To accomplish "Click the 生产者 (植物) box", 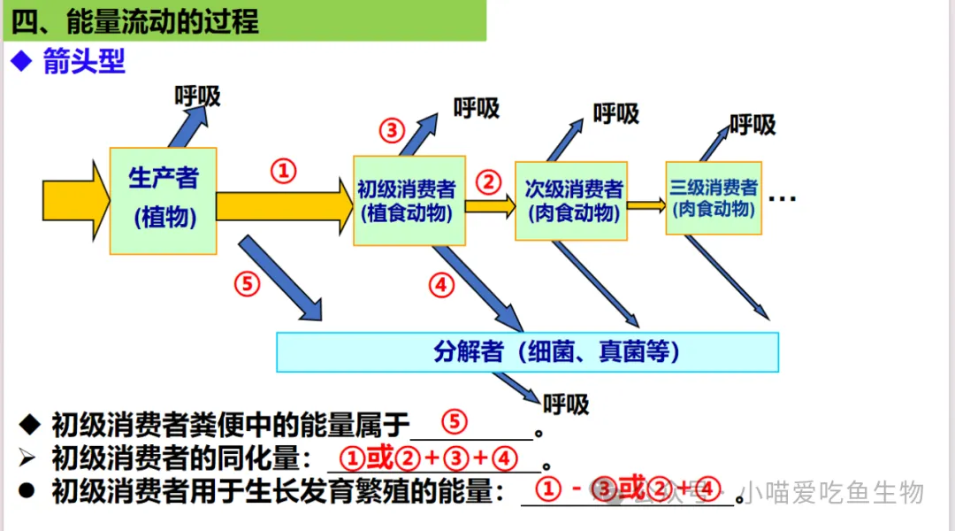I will tap(164, 201).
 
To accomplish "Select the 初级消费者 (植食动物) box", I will tap(409, 201).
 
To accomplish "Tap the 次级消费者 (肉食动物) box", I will tap(571, 201).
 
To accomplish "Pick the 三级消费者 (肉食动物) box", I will tap(713, 197).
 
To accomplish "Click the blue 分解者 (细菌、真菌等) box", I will tap(528, 352).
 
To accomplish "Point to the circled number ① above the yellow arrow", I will tap(283, 171).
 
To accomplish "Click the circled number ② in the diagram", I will tap(488, 182).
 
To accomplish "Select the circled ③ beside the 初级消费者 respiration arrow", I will tap(392, 131).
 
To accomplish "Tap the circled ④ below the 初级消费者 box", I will tap(441, 285).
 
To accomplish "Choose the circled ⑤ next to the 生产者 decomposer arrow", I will tap(248, 283).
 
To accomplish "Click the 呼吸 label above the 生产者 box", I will tap(197, 96).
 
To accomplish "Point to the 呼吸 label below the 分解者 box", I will tap(566, 404).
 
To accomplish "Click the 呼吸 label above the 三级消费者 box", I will tap(753, 125).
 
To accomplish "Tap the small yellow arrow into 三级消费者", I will tap(646, 205).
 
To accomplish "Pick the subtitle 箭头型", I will tap(83, 61).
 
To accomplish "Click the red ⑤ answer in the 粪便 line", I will tap(454, 422).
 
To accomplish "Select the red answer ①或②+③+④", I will tap(429, 458).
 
